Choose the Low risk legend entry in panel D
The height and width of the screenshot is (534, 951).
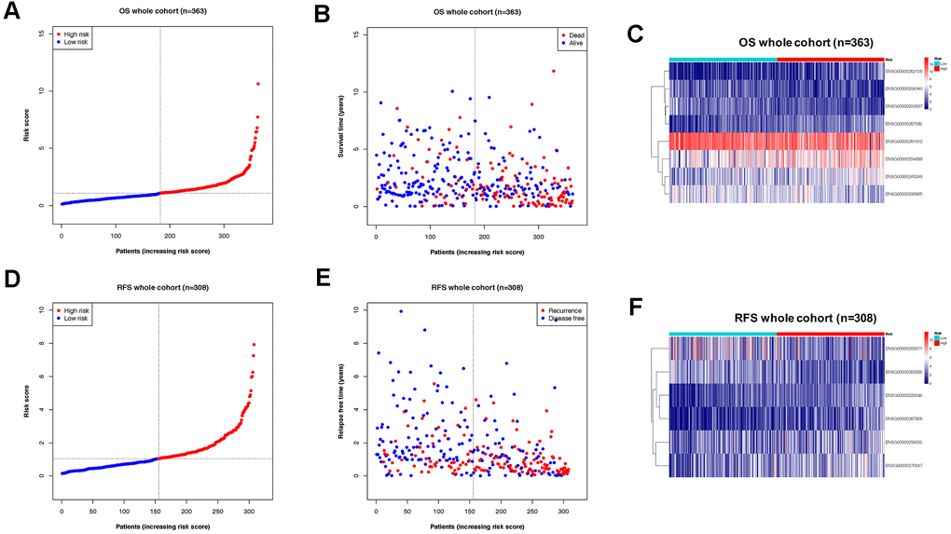tap(76, 319)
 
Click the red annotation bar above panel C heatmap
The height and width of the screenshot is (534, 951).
tap(830, 59)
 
